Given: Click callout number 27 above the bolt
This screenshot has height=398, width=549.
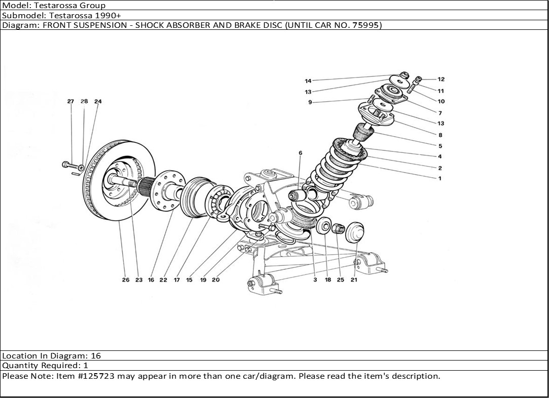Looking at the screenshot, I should point(70,101).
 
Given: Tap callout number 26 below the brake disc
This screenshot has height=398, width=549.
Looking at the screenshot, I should point(125,280).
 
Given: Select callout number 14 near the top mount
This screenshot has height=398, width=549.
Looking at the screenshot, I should point(308,81).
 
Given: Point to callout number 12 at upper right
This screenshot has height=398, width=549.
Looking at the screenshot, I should point(441,79).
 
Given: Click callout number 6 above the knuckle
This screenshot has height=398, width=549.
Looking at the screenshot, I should point(300,152).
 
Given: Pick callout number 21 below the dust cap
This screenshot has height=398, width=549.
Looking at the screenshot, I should point(354,280).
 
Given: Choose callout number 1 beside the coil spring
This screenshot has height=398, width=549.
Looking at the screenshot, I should point(440,178).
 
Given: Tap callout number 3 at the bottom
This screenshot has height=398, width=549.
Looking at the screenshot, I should point(315,280).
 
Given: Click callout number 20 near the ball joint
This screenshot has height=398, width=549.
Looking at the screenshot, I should point(215,280).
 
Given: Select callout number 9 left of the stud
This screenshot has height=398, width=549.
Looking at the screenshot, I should point(310,102).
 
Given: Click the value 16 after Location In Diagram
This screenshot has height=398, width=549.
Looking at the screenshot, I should point(96,356).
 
